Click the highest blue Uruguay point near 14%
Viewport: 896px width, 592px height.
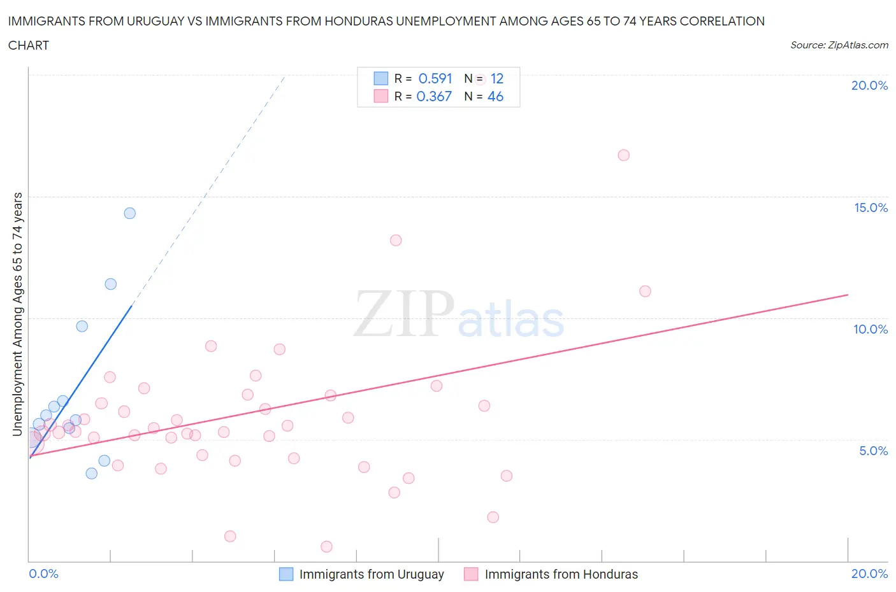pyautogui.click(x=130, y=213)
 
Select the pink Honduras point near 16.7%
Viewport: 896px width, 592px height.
pyautogui.click(x=624, y=155)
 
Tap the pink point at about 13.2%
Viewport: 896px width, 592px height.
pyautogui.click(x=396, y=241)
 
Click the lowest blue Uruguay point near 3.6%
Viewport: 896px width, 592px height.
pyautogui.click(x=92, y=474)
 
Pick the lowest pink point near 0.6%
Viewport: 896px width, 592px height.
pyautogui.click(x=327, y=547)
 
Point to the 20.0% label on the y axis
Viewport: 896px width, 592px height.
pyautogui.click(x=869, y=85)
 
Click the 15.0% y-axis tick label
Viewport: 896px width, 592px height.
pyautogui.click(x=871, y=208)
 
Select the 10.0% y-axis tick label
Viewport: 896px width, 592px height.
pyautogui.click(x=871, y=329)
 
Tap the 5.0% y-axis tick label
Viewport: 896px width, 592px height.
pyautogui.click(x=873, y=451)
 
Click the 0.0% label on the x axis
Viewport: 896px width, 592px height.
pyautogui.click(x=43, y=574)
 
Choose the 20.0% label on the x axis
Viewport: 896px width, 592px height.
pyautogui.click(x=869, y=574)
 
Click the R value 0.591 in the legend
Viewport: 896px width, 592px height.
pyautogui.click(x=435, y=78)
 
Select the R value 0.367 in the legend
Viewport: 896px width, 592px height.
pyautogui.click(x=434, y=96)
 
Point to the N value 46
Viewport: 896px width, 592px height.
pyautogui.click(x=495, y=96)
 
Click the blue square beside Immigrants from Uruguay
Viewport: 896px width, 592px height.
pyautogui.click(x=287, y=574)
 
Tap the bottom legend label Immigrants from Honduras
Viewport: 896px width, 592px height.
pyautogui.click(x=561, y=574)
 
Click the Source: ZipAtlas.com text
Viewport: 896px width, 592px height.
pyautogui.click(x=839, y=45)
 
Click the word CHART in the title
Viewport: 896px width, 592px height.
pyautogui.click(x=29, y=45)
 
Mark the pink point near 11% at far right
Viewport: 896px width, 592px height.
pyautogui.click(x=645, y=292)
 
